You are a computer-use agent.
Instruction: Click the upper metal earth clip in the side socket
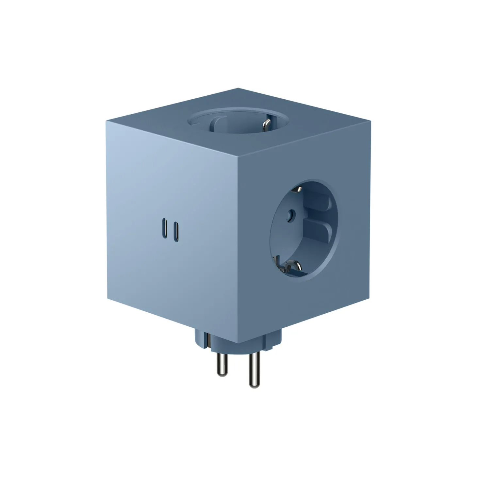pos(299,189)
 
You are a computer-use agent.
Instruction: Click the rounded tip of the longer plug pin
pos(253,385)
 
